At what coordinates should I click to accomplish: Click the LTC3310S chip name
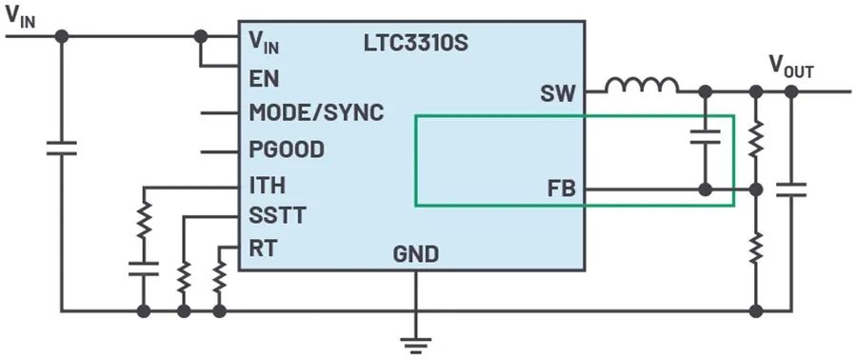(x=416, y=44)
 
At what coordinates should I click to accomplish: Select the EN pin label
(x=264, y=79)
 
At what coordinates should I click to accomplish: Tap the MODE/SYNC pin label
(x=316, y=113)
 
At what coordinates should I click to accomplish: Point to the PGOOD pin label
(x=287, y=150)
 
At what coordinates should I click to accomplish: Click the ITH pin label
(x=268, y=185)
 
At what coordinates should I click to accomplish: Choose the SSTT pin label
(x=277, y=215)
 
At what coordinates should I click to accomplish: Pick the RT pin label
(x=263, y=249)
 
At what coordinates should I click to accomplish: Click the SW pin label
(x=558, y=94)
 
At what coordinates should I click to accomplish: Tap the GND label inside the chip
(x=415, y=254)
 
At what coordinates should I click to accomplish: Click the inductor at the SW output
(x=642, y=85)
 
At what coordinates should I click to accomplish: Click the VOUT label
(x=791, y=68)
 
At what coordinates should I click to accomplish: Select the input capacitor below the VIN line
(x=61, y=148)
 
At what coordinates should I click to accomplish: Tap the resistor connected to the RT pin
(x=219, y=277)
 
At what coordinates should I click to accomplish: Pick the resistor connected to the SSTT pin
(x=184, y=277)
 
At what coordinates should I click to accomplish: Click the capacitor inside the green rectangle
(x=706, y=136)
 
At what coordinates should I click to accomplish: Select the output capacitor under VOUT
(x=791, y=190)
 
